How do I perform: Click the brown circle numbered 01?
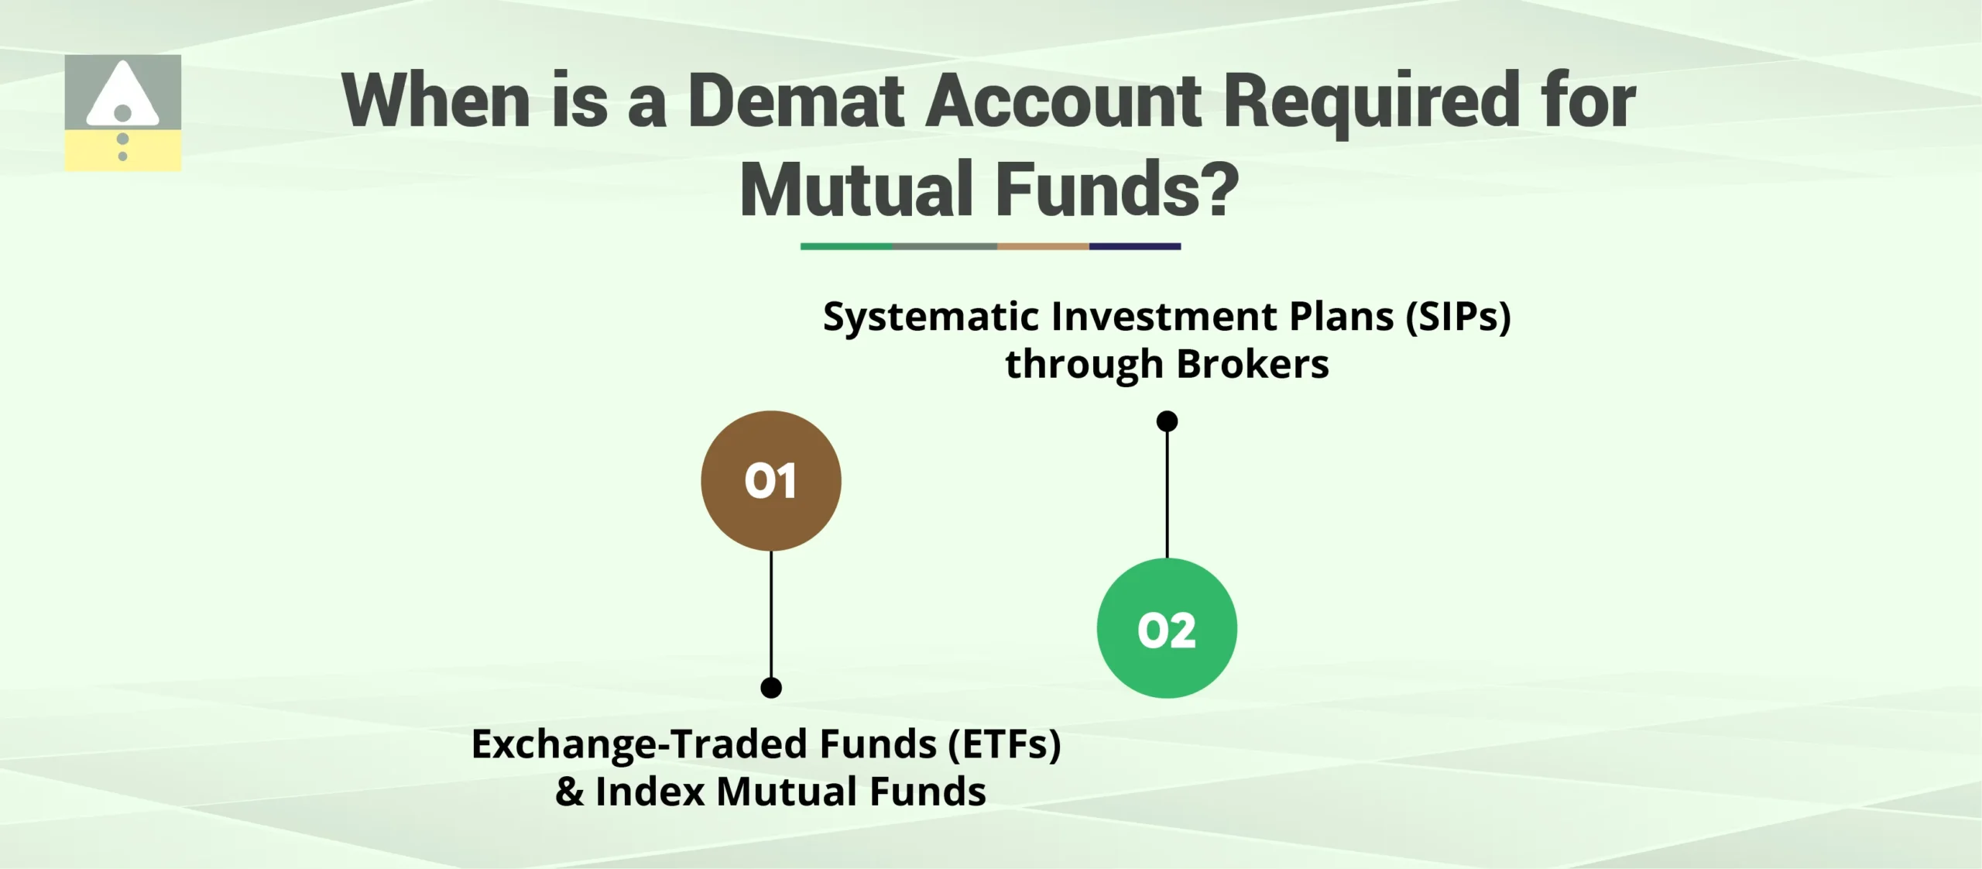click(x=770, y=481)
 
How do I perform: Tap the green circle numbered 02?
click(x=1167, y=628)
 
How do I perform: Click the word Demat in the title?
click(x=795, y=101)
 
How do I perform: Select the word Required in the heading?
click(x=1372, y=101)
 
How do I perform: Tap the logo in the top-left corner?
click(x=123, y=113)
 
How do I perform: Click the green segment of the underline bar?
click(x=845, y=246)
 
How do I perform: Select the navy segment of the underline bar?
click(x=1134, y=246)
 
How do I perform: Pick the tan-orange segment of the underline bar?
click(x=1043, y=246)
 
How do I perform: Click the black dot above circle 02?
click(x=1167, y=421)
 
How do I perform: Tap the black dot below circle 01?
click(x=771, y=688)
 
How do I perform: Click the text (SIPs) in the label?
click(x=1458, y=317)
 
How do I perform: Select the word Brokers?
click(x=1252, y=364)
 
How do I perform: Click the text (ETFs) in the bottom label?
click(x=1004, y=744)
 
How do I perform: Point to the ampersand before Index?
click(x=570, y=792)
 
